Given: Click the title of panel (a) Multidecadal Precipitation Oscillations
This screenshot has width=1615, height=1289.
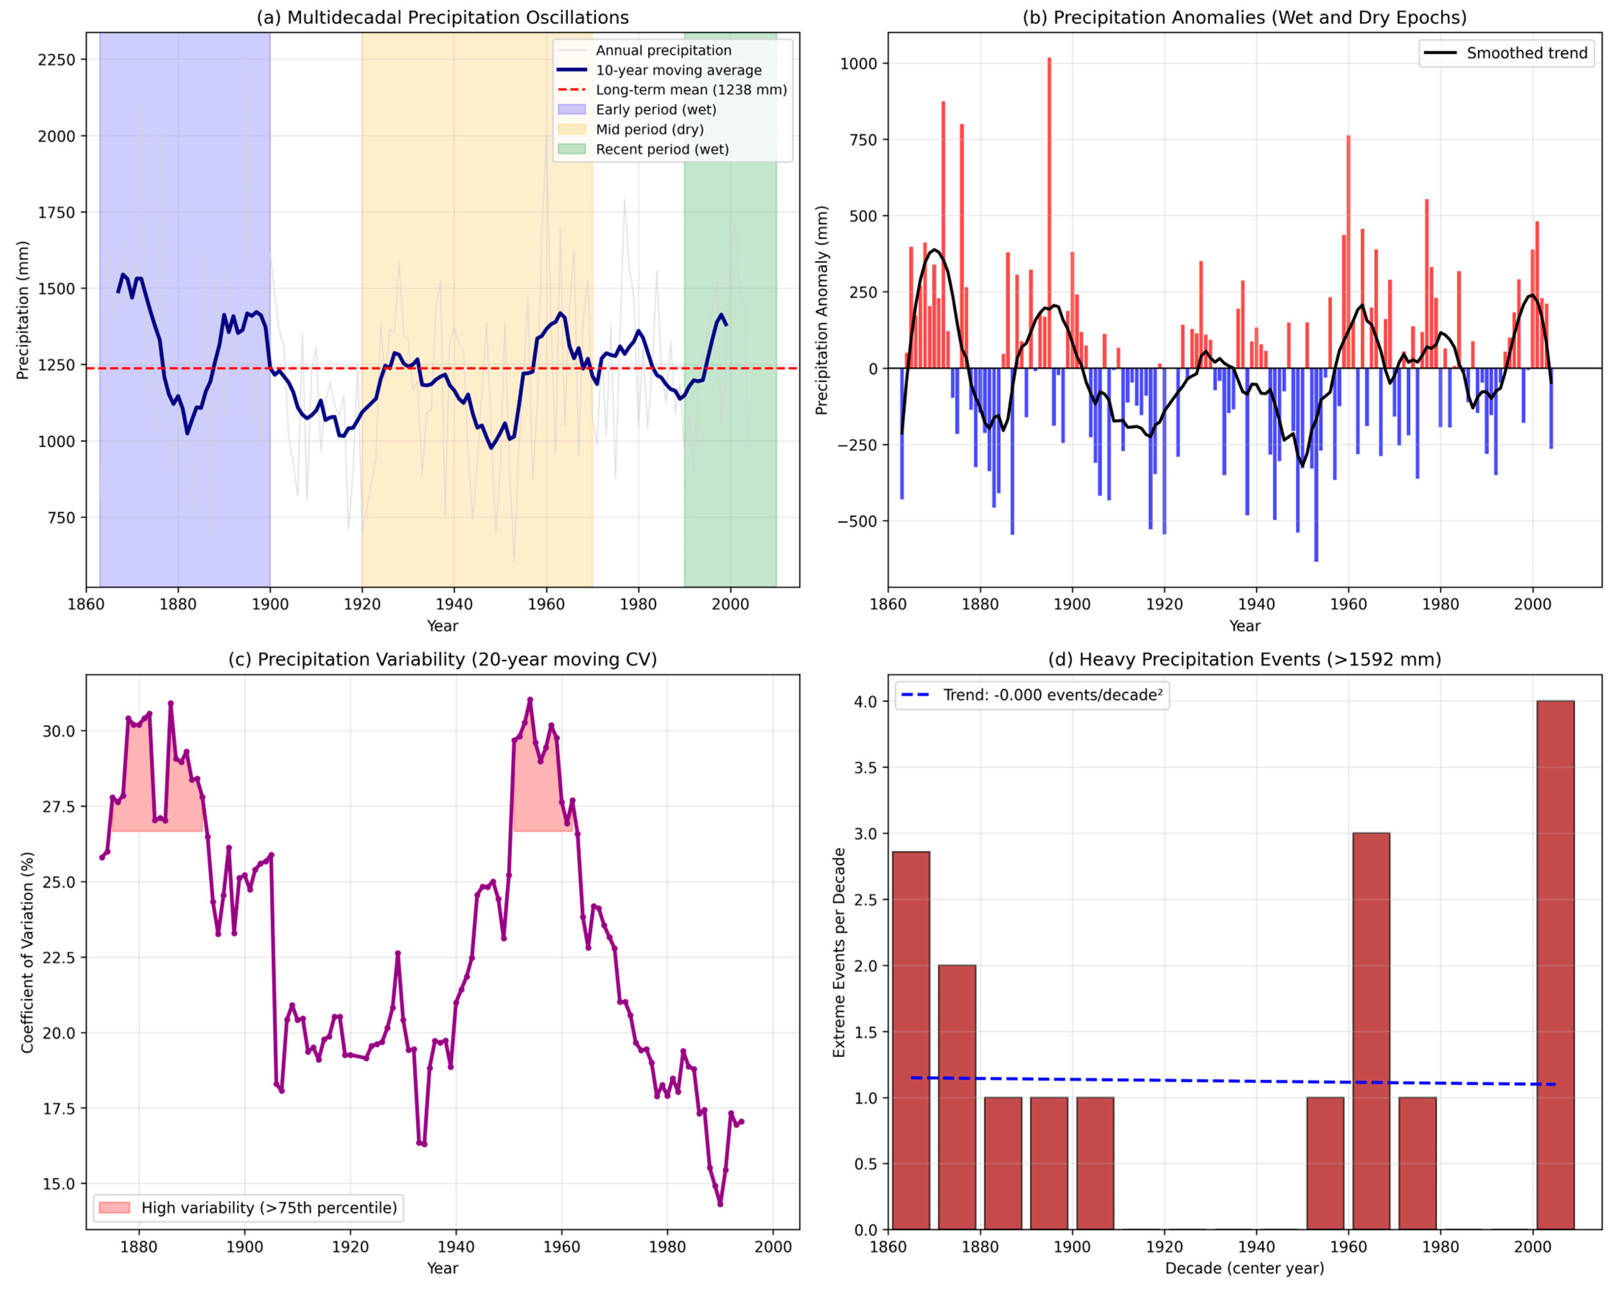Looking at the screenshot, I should [x=443, y=17].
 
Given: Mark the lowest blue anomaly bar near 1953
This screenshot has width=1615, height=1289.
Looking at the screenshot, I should [x=1316, y=464].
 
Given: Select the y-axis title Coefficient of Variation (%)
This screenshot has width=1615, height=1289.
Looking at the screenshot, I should [x=28, y=953].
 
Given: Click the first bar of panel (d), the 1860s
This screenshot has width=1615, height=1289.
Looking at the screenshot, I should [x=911, y=1041].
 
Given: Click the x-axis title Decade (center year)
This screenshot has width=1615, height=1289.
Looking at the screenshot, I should [x=1244, y=1268].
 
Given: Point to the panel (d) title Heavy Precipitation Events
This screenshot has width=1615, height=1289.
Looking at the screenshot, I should [x=1244, y=660].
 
